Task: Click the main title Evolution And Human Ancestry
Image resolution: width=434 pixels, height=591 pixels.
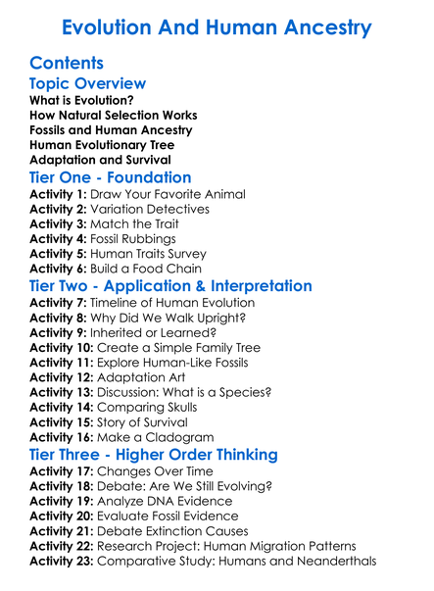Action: pyautogui.click(x=217, y=26)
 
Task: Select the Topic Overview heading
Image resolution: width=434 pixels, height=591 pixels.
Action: pyautogui.click(x=88, y=84)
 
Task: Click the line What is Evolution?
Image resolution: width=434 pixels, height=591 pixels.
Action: pyautogui.click(x=82, y=101)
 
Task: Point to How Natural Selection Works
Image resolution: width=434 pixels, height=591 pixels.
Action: pyautogui.click(x=114, y=116)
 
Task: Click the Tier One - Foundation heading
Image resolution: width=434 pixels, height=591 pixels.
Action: pyautogui.click(x=111, y=177)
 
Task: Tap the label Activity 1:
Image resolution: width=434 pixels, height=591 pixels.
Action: pyautogui.click(x=60, y=195)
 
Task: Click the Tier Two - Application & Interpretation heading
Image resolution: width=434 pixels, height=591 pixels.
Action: pyautogui.click(x=171, y=286)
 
